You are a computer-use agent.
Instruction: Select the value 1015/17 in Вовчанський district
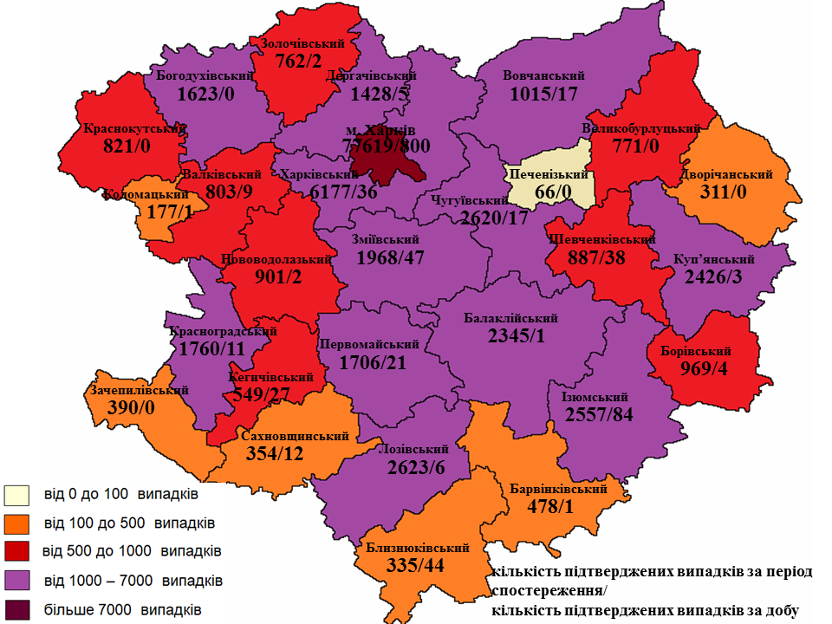(544, 93)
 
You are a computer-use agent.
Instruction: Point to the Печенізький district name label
(549, 175)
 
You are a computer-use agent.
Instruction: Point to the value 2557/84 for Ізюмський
(599, 414)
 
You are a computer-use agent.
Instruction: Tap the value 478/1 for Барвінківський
(550, 507)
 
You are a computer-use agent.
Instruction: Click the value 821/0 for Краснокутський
(126, 146)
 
